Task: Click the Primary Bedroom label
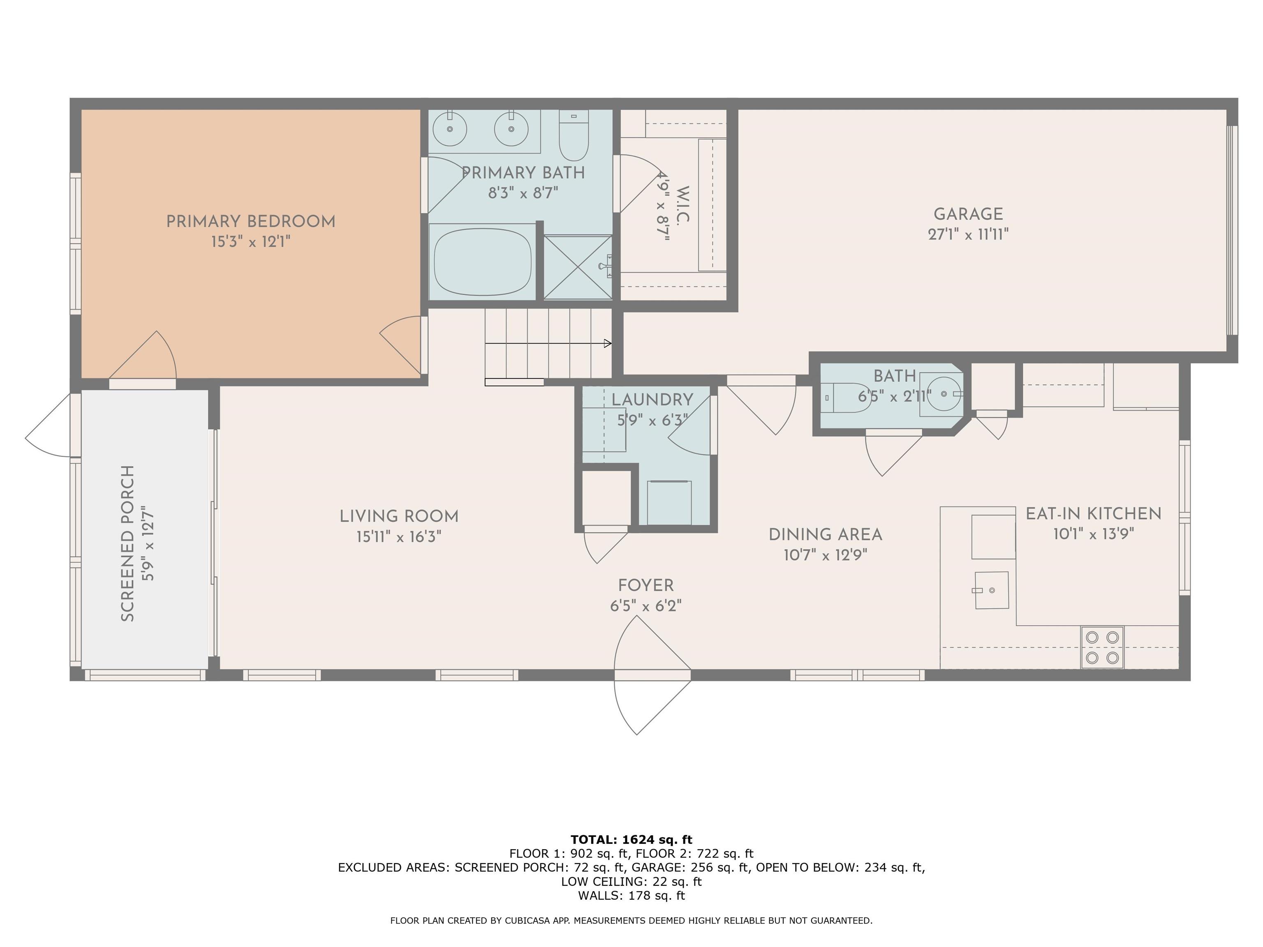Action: point(251,222)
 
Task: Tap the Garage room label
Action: point(968,214)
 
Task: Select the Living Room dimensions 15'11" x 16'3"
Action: point(399,536)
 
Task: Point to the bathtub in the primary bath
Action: point(483,261)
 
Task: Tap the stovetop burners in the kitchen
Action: point(1102,647)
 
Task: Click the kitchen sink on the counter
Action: point(992,590)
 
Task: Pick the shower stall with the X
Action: point(578,267)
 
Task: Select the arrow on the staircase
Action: point(548,344)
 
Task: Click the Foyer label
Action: point(646,585)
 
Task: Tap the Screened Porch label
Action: point(128,543)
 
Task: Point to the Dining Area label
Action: point(825,535)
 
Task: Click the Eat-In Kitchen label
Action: point(1094,514)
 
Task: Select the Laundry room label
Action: point(652,400)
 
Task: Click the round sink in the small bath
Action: point(943,394)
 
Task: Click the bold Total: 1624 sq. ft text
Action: point(631,840)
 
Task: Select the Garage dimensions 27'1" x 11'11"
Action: point(968,234)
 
